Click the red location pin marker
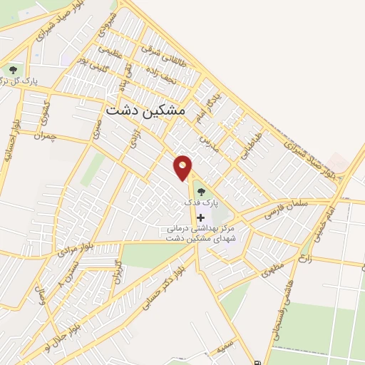click(183, 166)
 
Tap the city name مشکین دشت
click(145, 110)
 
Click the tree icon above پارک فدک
click(200, 191)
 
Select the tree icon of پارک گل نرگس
click(13, 70)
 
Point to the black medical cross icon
click(200, 217)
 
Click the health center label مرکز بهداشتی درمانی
click(200, 230)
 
